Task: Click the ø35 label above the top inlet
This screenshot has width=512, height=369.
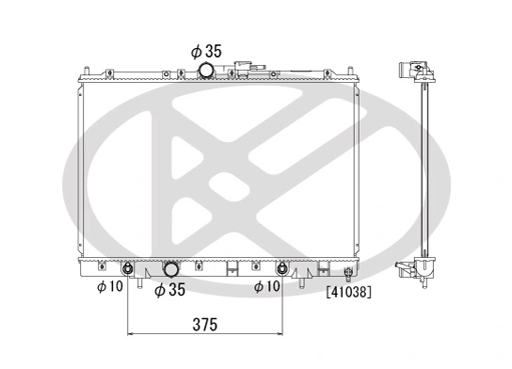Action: tap(207, 52)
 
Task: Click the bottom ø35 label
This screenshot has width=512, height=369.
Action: tap(169, 291)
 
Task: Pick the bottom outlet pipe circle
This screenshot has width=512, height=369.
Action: tap(173, 269)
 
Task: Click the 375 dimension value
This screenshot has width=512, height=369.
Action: tap(204, 325)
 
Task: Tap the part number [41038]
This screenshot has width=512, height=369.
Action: tap(348, 293)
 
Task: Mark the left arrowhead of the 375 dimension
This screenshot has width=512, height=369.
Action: tap(130, 334)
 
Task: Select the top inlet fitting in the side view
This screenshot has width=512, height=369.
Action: tap(410, 70)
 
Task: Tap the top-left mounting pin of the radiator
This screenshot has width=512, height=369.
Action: tap(87, 70)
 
